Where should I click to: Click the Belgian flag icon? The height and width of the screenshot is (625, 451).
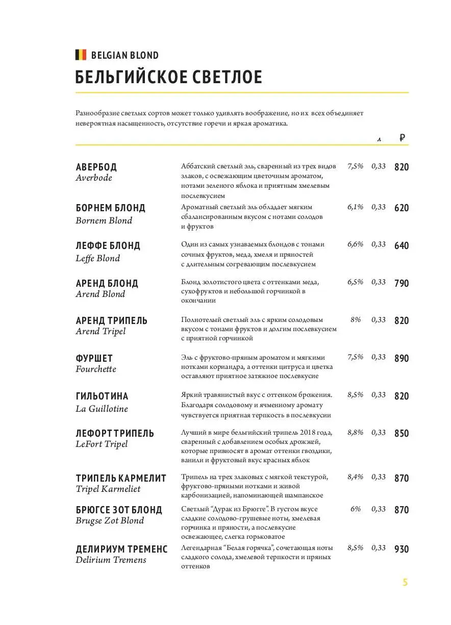tap(81, 55)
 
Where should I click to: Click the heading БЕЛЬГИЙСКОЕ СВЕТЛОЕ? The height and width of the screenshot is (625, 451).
tap(168, 78)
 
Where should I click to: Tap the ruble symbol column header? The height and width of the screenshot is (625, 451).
tap(402, 137)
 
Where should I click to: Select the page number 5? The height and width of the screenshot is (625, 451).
tap(405, 583)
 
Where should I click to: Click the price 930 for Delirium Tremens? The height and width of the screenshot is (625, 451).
tap(402, 549)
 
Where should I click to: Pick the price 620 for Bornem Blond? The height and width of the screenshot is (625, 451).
tap(402, 208)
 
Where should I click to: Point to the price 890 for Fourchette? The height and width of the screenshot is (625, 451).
tap(402, 359)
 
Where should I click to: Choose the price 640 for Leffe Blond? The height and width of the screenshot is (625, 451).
tap(402, 246)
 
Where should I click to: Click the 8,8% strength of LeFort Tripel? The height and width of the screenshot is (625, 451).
tap(355, 433)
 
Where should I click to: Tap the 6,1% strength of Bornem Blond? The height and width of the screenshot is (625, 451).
tap(355, 207)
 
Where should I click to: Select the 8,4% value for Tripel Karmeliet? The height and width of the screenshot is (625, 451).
tap(355, 477)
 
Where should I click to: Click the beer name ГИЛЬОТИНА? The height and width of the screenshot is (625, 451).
tap(102, 396)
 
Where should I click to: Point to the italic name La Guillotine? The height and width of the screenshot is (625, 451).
tap(102, 409)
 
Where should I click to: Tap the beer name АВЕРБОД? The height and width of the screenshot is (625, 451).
tap(96, 167)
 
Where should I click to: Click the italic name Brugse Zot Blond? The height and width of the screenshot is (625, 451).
tap(110, 520)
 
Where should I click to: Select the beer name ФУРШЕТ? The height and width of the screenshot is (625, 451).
tap(94, 359)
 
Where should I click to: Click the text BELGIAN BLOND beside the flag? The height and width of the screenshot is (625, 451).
tap(125, 55)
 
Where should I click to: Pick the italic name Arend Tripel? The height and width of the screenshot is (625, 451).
tap(101, 332)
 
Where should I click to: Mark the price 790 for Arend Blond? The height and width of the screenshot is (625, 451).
tap(402, 284)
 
